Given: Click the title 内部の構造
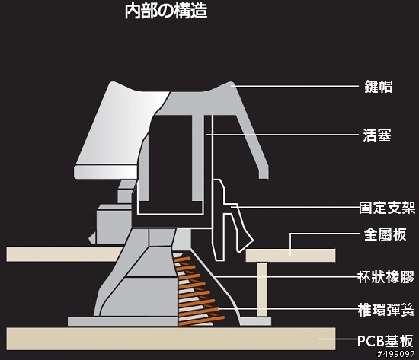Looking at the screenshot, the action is (166, 11).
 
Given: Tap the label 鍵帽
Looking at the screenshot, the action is (379, 87).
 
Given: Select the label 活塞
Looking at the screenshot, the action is (377, 135).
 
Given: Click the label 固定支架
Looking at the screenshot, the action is (387, 208).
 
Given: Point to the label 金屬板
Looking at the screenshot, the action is (385, 234).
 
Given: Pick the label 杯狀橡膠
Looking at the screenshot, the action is (385, 277).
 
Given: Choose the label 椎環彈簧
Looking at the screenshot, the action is (386, 310).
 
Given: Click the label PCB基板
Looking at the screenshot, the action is (385, 340).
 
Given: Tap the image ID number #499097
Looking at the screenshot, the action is (395, 355).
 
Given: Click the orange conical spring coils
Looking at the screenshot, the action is (199, 291).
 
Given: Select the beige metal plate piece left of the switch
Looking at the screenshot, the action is (64, 254).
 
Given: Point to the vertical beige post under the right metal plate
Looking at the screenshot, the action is (262, 290).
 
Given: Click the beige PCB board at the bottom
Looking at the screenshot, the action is (171, 339).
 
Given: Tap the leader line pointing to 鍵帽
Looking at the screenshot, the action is (295, 86).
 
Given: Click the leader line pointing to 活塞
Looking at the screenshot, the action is (282, 134).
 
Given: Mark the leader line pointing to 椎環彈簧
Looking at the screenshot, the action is (288, 309).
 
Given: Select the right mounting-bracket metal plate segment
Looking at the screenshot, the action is (290, 255).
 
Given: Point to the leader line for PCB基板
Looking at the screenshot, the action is (338, 339).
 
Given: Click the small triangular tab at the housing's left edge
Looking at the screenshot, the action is (92, 237).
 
